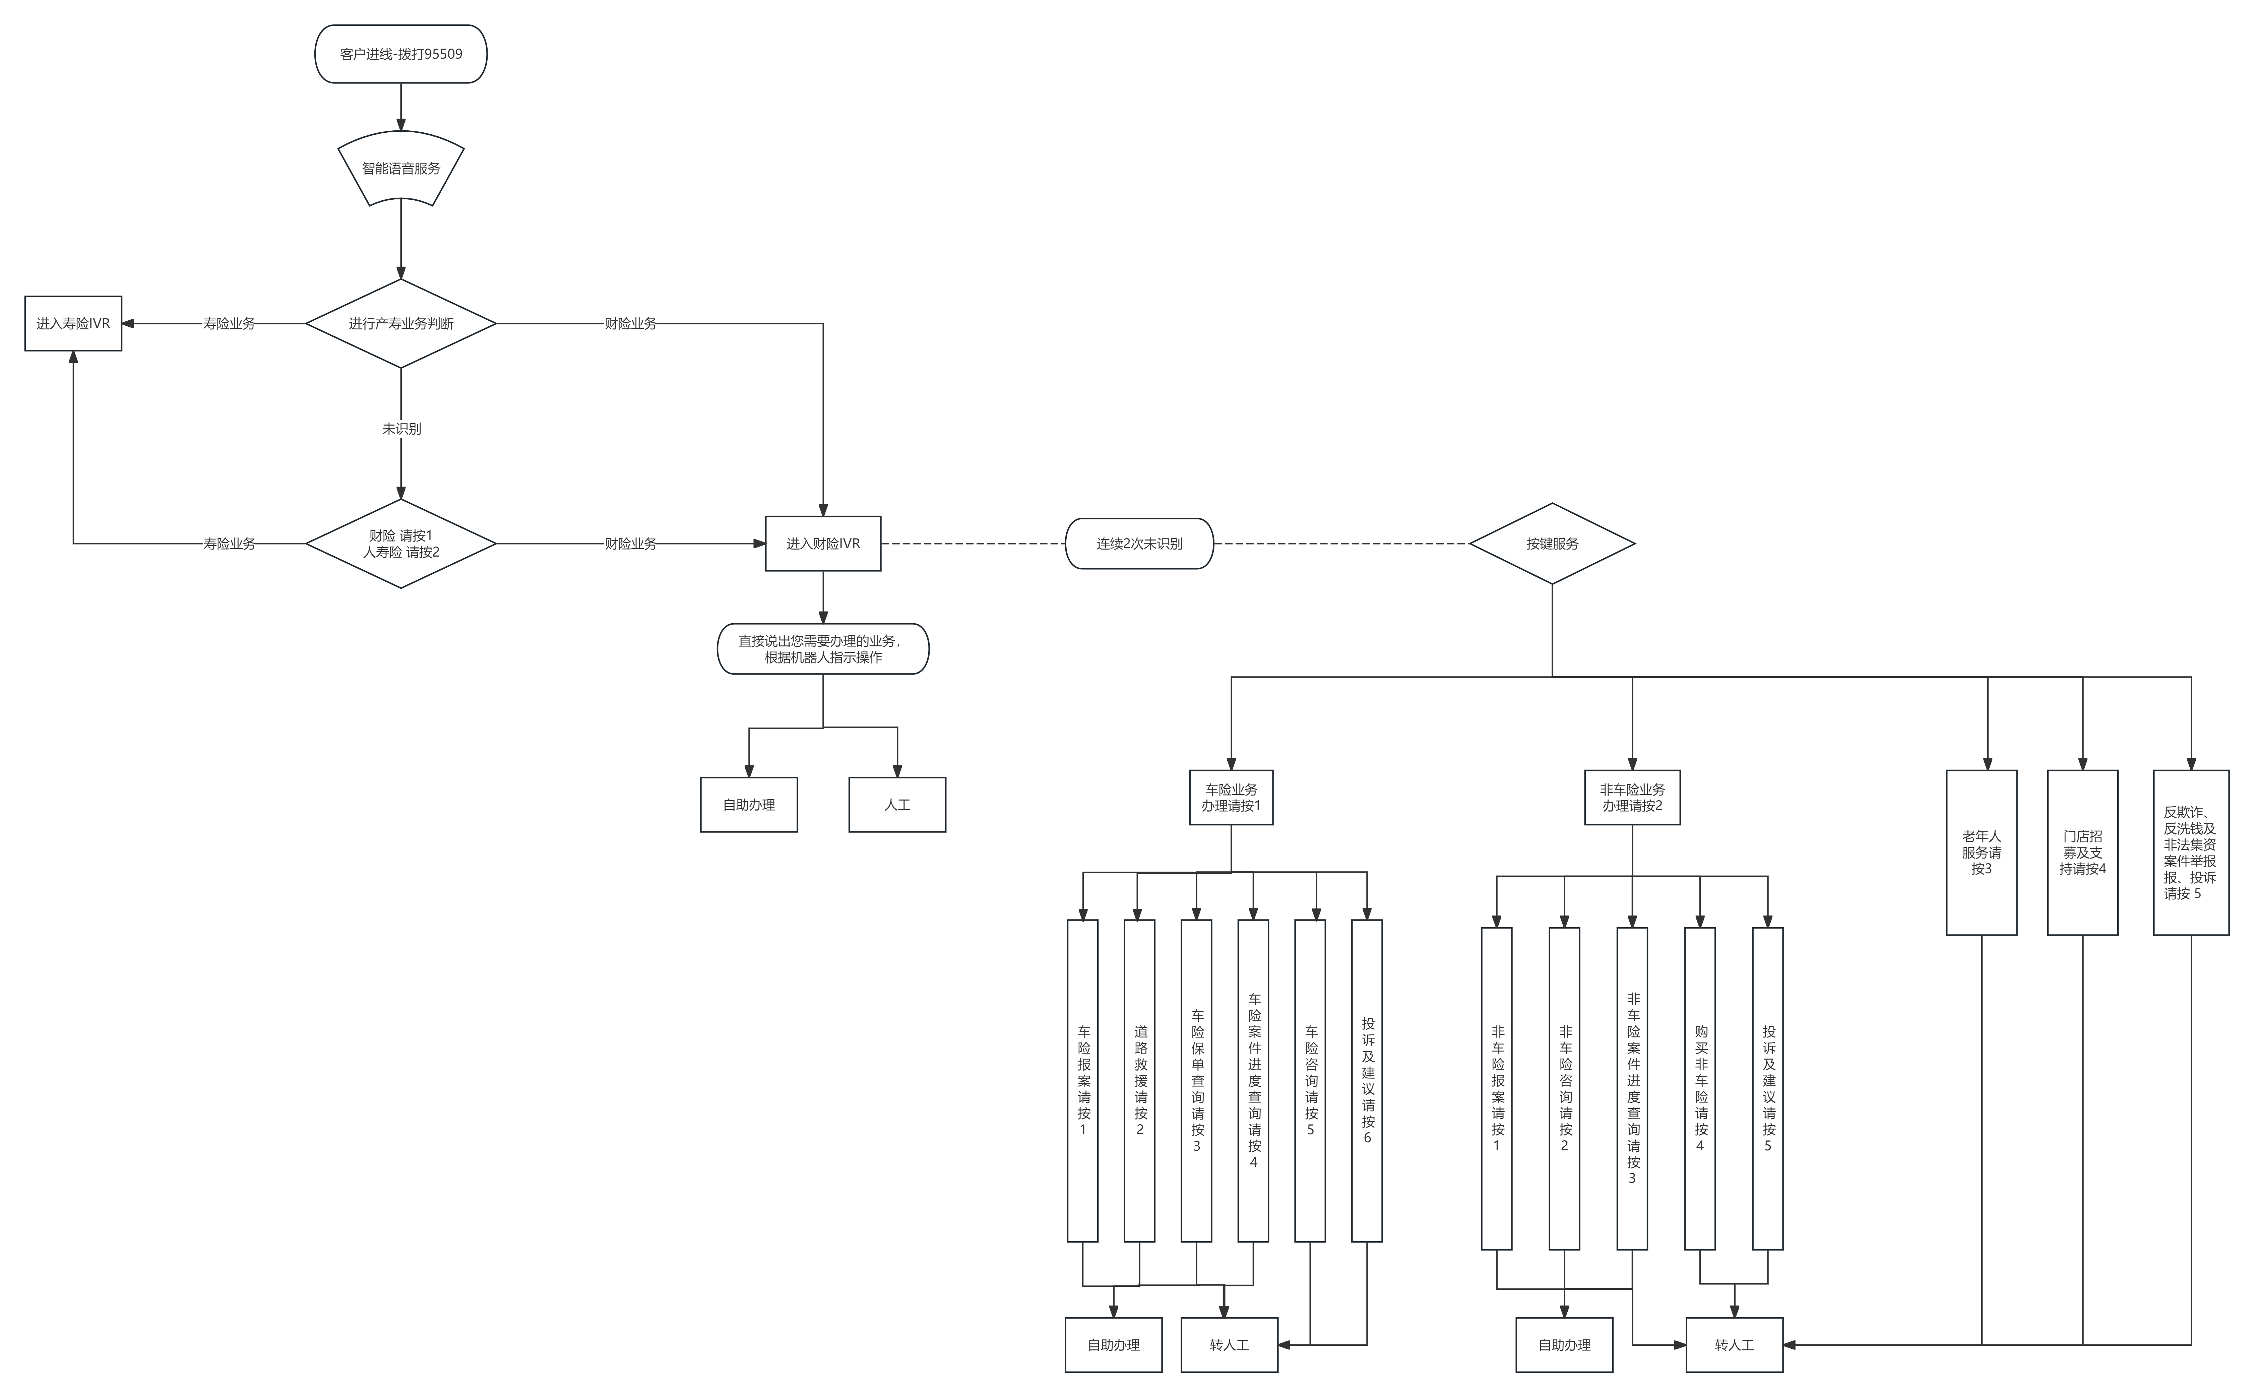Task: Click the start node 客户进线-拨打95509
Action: coord(401,54)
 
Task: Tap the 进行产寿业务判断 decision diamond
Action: coord(401,323)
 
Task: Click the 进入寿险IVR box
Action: coord(73,323)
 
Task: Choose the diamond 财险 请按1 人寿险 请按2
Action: coord(401,543)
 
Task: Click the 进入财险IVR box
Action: coord(823,543)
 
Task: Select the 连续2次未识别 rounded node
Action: coord(1139,543)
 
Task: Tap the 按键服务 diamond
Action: coord(1552,543)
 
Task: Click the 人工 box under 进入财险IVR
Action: coord(897,805)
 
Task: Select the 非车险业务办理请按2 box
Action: coord(1632,798)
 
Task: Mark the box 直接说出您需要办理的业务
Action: coord(823,649)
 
